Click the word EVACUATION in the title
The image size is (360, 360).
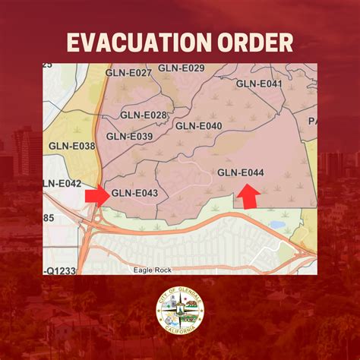[x=133, y=42]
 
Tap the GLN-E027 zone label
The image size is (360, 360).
[x=130, y=74]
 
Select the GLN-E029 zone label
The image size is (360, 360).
[x=182, y=68]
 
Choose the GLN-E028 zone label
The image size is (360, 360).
[x=144, y=115]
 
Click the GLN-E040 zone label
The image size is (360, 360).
[x=199, y=125]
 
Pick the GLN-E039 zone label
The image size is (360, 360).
[x=129, y=136]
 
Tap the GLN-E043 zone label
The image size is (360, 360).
[x=135, y=193]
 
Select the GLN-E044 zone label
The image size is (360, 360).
[x=241, y=173]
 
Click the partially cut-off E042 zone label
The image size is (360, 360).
[x=62, y=183]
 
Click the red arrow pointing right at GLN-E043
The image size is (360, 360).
[x=96, y=195]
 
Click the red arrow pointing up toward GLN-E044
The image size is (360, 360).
[x=248, y=197]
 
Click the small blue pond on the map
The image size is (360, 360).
[x=277, y=225]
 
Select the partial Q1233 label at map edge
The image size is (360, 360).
[x=61, y=270]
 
